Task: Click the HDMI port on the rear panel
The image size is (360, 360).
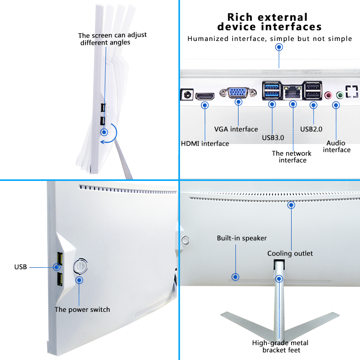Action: [205, 96]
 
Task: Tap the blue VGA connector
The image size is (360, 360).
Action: [238, 93]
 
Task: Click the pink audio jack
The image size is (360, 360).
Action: [328, 94]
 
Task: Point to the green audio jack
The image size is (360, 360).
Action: [340, 94]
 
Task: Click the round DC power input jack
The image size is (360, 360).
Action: [188, 94]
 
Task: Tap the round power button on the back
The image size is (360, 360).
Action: [80, 266]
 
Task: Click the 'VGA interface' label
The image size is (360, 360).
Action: [236, 129]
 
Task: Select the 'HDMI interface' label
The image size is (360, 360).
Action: [205, 144]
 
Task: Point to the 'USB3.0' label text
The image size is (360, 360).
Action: [273, 138]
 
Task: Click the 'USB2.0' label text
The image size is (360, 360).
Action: [311, 129]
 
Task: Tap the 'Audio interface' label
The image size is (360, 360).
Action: [337, 147]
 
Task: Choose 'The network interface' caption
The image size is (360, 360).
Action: [292, 157]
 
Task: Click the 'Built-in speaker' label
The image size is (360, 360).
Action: [242, 238]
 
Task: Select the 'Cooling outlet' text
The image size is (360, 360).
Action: [290, 253]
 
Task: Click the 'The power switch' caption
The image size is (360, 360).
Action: [82, 310]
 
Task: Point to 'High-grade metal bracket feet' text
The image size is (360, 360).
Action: [280, 346]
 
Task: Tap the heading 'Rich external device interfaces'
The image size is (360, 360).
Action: [269, 22]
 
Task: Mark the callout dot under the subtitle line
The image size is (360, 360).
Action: [279, 47]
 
